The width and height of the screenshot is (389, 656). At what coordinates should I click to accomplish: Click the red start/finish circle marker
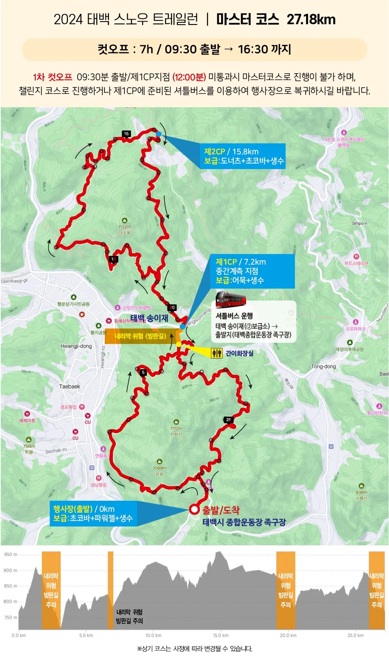194,510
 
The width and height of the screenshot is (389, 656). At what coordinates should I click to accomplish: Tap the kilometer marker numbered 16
126,134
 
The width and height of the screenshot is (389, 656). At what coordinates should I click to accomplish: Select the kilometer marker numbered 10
113,259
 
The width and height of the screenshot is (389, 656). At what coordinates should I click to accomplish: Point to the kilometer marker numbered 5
143,372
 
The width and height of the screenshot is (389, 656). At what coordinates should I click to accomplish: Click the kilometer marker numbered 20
172,307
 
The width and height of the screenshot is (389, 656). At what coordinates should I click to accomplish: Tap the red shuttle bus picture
230,299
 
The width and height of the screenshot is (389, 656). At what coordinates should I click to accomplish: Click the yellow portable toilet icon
217,353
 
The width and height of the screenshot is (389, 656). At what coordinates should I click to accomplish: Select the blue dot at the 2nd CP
159,134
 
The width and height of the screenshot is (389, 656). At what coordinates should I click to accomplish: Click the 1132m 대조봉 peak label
124,229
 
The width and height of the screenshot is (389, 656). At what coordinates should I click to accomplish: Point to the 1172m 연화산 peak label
176,431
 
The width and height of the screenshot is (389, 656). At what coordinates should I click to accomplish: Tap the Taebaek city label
70,387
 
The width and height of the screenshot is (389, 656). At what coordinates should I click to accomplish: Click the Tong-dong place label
323,366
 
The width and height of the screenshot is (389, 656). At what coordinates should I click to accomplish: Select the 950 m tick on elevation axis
10,555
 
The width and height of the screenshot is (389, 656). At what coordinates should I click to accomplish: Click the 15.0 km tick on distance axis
221,635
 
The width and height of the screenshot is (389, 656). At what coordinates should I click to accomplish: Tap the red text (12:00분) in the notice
189,77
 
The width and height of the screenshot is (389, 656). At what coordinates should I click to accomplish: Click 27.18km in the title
311,19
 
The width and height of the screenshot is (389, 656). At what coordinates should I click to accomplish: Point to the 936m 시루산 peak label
361,495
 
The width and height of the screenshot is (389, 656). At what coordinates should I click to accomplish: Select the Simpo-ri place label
359,223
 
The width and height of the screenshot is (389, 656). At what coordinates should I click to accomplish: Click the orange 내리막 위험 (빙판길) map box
141,336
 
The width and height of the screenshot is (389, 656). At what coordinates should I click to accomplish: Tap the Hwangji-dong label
76,346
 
